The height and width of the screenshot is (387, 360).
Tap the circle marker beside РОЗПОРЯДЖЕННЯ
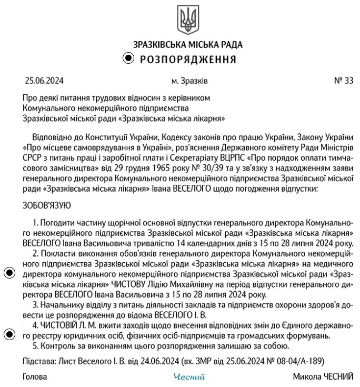pos(128,58)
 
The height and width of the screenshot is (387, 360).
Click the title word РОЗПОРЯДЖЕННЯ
pos(188,58)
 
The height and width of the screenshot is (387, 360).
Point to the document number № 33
pos(344,81)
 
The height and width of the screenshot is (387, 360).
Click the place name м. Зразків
pos(189,81)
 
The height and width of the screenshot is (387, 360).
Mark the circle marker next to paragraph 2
pos(9,273)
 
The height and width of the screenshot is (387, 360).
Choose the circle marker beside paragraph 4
pos(9,334)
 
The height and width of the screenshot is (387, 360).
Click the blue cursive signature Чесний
pos(189,377)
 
